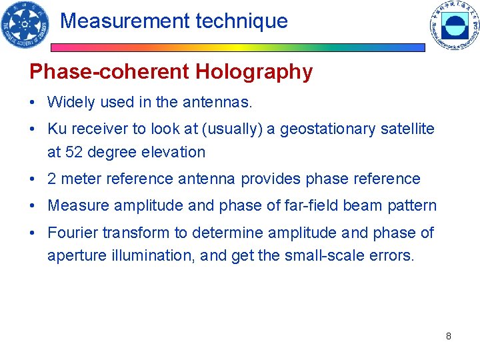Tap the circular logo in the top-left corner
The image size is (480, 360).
click(x=25, y=25)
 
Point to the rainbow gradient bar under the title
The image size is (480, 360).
click(x=238, y=47)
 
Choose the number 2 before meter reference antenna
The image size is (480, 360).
click(x=52, y=179)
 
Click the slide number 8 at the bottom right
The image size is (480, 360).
click(x=449, y=336)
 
